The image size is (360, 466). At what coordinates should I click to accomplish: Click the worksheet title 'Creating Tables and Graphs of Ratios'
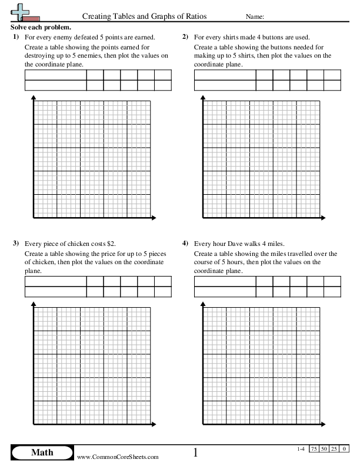pyautogui.click(x=144, y=17)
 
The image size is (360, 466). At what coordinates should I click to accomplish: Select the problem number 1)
pyautogui.click(x=16, y=37)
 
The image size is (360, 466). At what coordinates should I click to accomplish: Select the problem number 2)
pyautogui.click(x=185, y=37)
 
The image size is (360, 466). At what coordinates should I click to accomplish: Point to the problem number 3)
pyautogui.click(x=16, y=243)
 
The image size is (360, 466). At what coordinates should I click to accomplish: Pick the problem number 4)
pyautogui.click(x=185, y=243)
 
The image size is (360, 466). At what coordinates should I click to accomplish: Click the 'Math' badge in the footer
pyautogui.click(x=41, y=452)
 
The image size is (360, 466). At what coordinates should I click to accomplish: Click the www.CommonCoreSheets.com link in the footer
pyautogui.click(x=118, y=457)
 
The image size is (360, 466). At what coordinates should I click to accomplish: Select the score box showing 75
pyautogui.click(x=315, y=449)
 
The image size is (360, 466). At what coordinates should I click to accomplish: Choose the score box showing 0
pyautogui.click(x=344, y=449)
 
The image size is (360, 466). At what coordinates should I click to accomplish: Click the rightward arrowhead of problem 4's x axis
pyautogui.click(x=323, y=424)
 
